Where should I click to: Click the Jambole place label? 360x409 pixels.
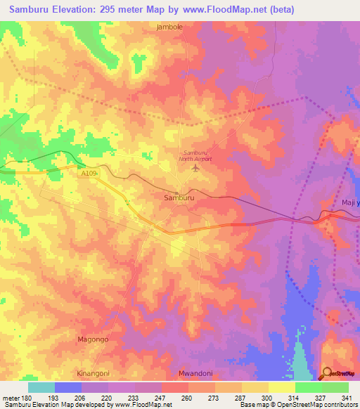point(169,27)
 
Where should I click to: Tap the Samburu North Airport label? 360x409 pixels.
point(195,156)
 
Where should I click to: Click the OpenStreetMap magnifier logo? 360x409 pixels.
point(328,373)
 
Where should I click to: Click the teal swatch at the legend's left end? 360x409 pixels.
point(41,387)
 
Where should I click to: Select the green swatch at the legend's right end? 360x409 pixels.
point(335,387)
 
